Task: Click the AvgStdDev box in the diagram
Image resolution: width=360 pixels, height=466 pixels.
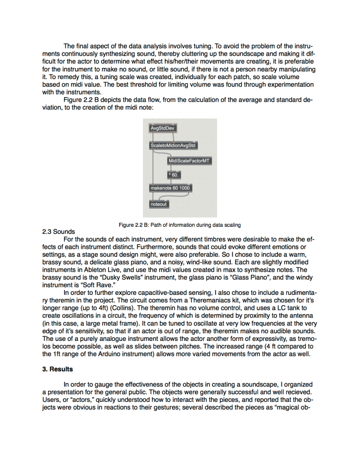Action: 162,128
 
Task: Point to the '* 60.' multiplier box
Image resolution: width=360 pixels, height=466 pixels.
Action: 173,175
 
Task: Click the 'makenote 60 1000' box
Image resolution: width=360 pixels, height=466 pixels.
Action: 170,188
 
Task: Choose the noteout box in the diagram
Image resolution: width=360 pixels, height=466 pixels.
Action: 158,204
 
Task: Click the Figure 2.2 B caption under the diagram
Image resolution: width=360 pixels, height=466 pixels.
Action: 180,225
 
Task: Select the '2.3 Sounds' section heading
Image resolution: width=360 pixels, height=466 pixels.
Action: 58,232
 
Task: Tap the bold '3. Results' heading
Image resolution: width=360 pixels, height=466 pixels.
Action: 58,369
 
